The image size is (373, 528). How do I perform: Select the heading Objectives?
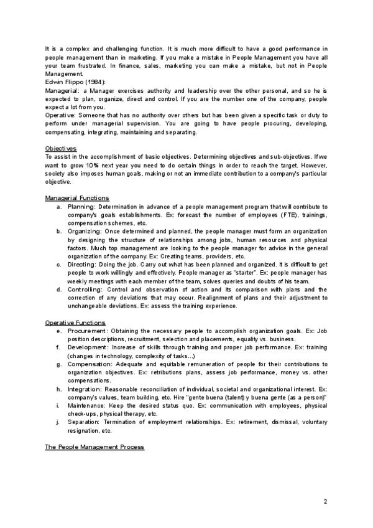[x=61, y=148]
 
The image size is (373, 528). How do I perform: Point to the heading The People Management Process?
[x=94, y=447]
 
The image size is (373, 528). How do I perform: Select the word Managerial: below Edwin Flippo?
[x=61, y=90]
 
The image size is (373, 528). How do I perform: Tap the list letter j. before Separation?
[x=58, y=422]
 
